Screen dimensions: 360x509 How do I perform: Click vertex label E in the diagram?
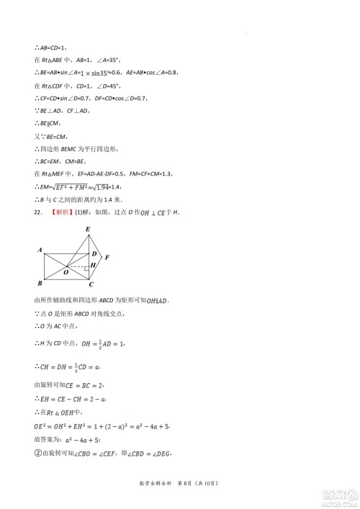(x=88, y=230)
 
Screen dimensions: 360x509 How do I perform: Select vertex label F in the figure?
(x=107, y=257)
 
